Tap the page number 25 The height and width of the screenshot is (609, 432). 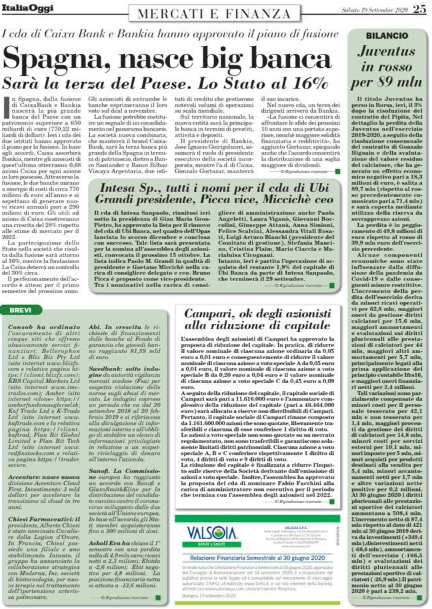coord(419,9)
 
